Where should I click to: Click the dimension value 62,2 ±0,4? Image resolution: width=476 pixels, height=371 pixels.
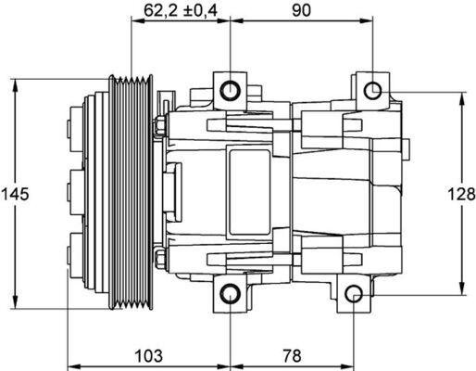[x=179, y=11]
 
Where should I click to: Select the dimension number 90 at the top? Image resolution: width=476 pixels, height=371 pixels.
[x=299, y=11]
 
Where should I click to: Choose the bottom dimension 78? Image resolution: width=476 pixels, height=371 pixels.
[x=292, y=355]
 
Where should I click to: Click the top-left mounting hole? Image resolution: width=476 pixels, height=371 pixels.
[x=229, y=90]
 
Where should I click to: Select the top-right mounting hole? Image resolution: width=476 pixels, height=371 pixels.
[x=372, y=90]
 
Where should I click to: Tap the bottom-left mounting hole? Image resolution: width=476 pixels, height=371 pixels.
[x=229, y=297]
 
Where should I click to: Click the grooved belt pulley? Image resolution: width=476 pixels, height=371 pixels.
[x=130, y=194]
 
